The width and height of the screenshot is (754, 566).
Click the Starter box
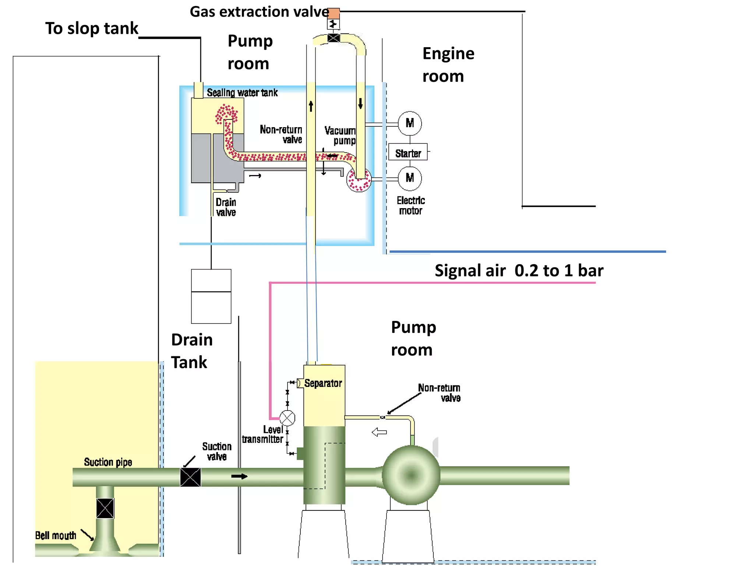click(x=408, y=152)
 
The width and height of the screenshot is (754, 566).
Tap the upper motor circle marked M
click(x=410, y=123)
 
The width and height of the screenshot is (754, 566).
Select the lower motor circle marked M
click(x=410, y=178)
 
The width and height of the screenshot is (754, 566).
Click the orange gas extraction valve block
click(x=334, y=14)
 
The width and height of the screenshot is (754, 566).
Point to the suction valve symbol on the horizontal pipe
click(x=190, y=477)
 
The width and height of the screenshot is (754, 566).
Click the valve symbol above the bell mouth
click(x=105, y=508)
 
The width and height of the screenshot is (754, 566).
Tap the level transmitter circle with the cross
click(x=287, y=418)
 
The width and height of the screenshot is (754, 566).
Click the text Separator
click(x=323, y=384)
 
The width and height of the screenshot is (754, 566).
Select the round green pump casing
click(x=411, y=475)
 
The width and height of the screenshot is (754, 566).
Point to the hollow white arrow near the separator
click(x=379, y=432)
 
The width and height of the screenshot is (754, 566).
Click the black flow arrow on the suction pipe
click(x=239, y=476)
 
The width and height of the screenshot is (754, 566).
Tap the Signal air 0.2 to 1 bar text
click(x=518, y=271)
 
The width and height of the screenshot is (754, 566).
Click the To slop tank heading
click(x=92, y=28)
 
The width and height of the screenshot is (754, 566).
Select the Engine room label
click(x=448, y=65)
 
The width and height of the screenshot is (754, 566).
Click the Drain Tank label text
click(x=191, y=351)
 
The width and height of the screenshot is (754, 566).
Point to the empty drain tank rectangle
click(x=211, y=296)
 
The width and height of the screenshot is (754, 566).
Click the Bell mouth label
click(x=56, y=535)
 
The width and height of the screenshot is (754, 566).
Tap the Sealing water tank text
click(x=242, y=93)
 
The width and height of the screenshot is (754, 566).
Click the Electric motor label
click(x=411, y=206)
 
